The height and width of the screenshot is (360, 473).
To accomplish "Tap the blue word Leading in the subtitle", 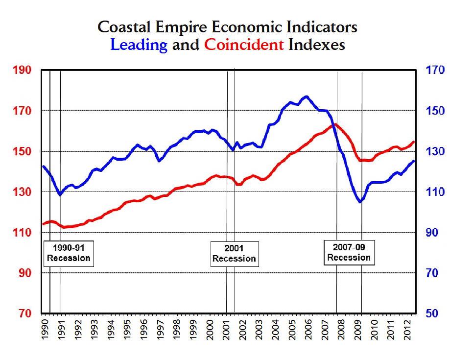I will tap(139, 45).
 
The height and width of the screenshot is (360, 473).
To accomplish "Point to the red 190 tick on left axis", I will tap(22, 71).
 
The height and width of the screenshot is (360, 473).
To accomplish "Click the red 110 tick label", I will tap(22, 233).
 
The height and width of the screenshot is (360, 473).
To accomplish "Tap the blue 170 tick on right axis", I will tap(435, 71).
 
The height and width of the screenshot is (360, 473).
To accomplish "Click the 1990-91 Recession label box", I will tap(69, 253).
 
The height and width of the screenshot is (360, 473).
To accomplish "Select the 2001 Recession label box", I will tap(234, 253).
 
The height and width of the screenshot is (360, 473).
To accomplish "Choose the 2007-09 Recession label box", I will tap(349, 252).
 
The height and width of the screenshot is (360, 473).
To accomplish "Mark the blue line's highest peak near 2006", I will tap(307, 96).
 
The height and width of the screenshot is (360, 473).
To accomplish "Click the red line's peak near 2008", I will tap(334, 124).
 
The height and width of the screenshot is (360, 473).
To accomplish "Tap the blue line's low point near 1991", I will tap(60, 195).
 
